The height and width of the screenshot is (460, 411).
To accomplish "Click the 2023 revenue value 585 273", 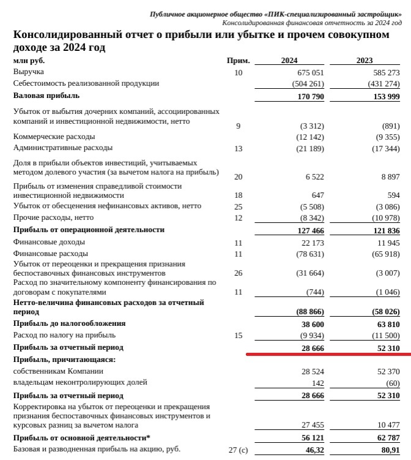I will (386, 73).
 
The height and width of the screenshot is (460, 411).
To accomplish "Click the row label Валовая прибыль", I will (46, 96).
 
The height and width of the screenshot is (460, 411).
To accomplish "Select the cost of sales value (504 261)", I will (308, 83).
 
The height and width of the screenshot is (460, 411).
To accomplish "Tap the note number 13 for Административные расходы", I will (239, 148).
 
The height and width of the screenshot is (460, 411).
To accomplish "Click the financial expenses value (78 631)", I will (309, 254).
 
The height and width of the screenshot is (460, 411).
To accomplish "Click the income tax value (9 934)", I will (311, 335).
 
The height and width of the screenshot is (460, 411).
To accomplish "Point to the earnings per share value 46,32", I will (314, 450).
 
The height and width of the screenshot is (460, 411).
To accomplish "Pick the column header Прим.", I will (239, 61).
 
